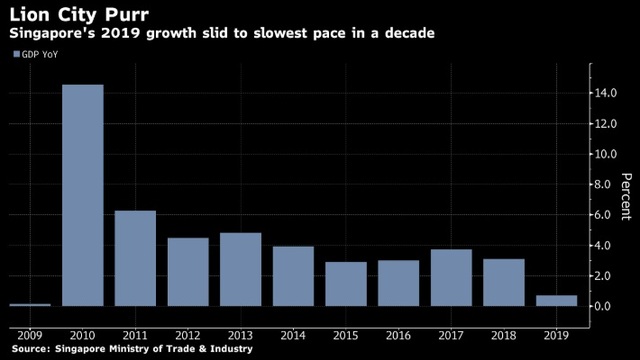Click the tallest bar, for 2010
point(83,195)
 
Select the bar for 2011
point(135,258)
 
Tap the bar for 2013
point(240,269)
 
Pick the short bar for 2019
point(556,300)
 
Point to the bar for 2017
point(451,278)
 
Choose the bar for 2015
point(346,284)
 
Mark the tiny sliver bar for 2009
point(30,305)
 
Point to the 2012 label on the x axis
point(188,336)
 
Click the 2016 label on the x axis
point(398,336)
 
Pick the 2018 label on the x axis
point(504,336)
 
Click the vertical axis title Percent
point(626,196)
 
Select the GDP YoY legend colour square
point(17,54)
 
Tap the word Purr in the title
point(127,15)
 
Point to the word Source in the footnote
point(31,349)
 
